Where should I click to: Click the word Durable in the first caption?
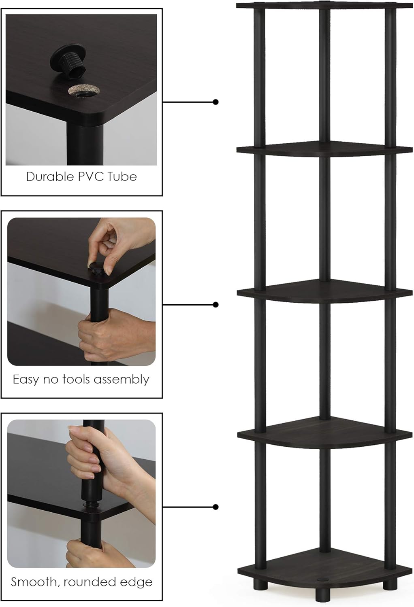(x=45, y=177)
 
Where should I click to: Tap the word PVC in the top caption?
(x=85, y=177)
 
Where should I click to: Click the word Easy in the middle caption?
(x=25, y=380)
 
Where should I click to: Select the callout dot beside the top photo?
(x=216, y=102)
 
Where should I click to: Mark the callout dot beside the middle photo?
(x=216, y=304)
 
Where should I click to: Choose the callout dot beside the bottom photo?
(x=216, y=507)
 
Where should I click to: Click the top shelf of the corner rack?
(x=324, y=5)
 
